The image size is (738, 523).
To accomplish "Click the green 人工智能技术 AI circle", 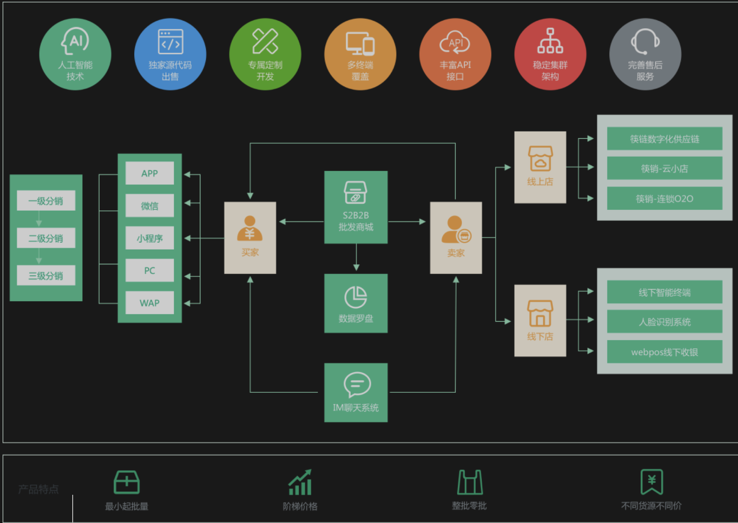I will (x=75, y=54).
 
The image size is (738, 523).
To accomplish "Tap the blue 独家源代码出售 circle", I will (x=170, y=54).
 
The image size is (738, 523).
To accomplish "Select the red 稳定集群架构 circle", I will (x=550, y=54).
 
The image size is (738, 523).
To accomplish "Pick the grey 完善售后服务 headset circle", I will (x=645, y=54).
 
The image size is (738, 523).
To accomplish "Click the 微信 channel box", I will (x=150, y=206).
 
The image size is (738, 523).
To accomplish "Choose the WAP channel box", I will (x=150, y=303).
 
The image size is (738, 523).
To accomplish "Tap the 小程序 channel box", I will (x=150, y=238).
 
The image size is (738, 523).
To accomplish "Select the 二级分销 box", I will (x=46, y=238).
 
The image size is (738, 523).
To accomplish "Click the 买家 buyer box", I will (x=250, y=238).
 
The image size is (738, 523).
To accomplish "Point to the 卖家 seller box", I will (x=456, y=238).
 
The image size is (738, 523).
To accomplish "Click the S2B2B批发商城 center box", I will (x=356, y=207).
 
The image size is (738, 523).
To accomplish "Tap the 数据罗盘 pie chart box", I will (x=356, y=303).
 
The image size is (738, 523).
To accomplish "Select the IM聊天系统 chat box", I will (x=356, y=393).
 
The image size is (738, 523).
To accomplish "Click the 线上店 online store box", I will (x=540, y=167).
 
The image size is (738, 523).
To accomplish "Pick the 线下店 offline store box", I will (x=540, y=320).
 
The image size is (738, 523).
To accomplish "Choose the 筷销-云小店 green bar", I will (x=664, y=168).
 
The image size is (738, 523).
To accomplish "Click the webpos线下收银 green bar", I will (x=664, y=352).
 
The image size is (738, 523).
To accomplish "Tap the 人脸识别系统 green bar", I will (x=664, y=322).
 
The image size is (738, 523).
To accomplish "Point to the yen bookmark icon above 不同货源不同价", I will (x=651, y=482).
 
